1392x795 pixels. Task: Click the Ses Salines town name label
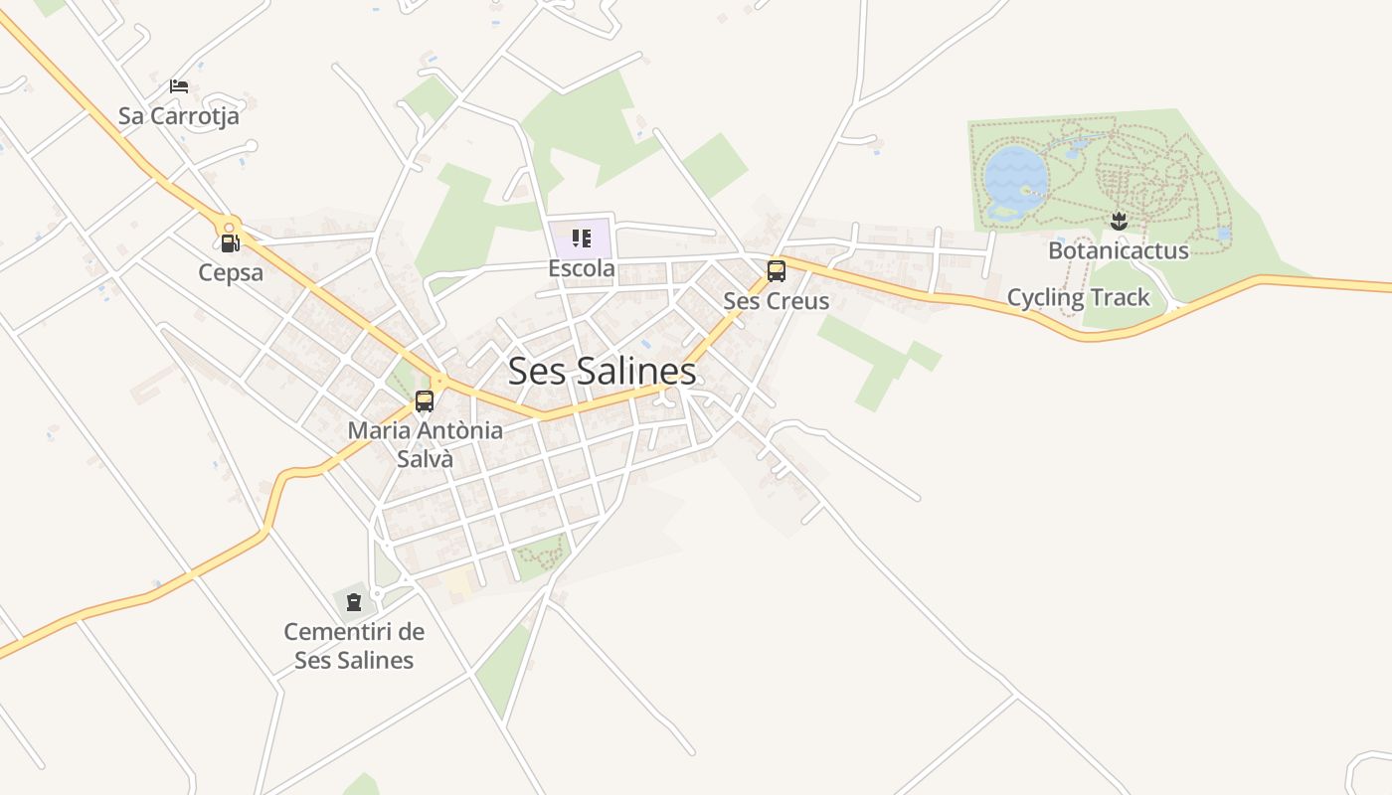click(602, 372)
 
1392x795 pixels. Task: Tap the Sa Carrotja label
click(179, 116)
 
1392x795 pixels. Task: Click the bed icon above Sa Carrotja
click(179, 86)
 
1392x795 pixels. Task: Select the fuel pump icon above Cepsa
click(230, 243)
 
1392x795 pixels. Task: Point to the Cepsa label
click(231, 272)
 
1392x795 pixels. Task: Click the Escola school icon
click(582, 238)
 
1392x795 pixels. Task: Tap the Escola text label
click(582, 269)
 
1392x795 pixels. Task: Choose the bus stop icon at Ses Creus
click(776, 270)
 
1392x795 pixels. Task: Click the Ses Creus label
click(776, 301)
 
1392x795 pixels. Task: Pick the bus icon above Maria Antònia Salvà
click(425, 401)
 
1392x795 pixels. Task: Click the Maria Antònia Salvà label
click(425, 444)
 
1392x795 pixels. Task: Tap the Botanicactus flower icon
click(1119, 220)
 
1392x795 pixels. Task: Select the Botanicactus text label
click(1119, 250)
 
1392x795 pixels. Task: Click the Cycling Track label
click(1078, 297)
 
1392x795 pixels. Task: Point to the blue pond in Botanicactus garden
click(1015, 177)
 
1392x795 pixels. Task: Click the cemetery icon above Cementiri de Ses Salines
click(354, 601)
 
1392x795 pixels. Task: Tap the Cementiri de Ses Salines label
click(354, 646)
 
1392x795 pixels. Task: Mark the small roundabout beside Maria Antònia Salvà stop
click(438, 380)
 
